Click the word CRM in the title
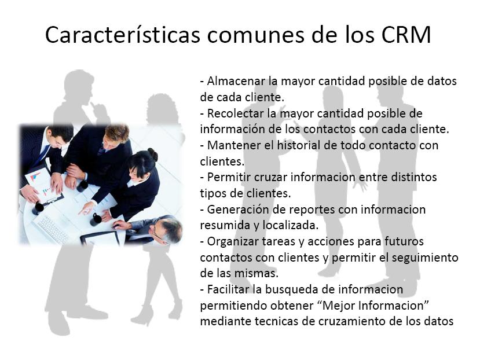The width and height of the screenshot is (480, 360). [406, 34]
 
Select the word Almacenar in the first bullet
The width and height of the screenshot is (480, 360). [236, 81]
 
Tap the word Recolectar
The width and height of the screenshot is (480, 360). [236, 113]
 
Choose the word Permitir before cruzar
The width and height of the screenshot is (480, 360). [229, 177]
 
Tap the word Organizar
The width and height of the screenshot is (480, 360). [233, 241]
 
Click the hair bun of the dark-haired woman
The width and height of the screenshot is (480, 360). [153, 155]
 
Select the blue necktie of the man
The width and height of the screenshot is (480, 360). [42, 155]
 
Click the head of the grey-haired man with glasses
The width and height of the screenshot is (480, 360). [167, 230]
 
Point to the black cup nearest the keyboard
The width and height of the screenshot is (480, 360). [96, 219]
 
